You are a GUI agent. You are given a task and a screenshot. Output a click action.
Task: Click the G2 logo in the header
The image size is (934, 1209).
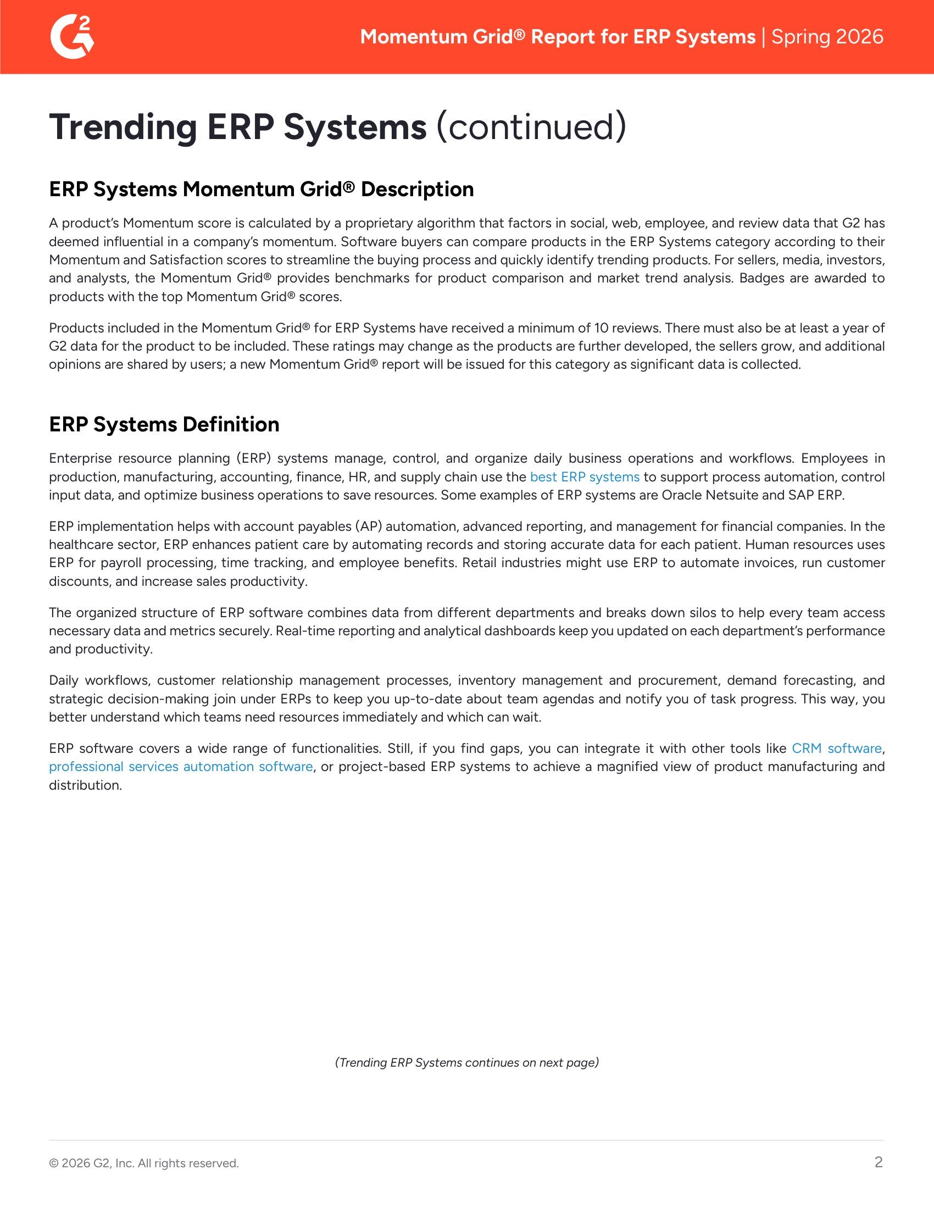click(x=72, y=36)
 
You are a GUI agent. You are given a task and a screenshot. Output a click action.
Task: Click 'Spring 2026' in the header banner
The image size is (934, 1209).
click(x=827, y=36)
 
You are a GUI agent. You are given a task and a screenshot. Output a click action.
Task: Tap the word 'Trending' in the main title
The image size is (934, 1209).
click(x=123, y=127)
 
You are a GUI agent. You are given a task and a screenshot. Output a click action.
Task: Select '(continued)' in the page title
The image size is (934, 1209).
click(x=531, y=127)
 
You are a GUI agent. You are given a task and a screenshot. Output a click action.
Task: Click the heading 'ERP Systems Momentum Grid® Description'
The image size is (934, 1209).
click(x=261, y=190)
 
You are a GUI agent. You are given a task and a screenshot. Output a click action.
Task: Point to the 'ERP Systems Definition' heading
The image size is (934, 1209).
click(x=164, y=425)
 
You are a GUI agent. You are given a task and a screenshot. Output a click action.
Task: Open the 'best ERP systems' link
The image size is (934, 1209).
click(x=585, y=476)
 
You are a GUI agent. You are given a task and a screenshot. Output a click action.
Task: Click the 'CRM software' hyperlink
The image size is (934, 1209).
click(x=836, y=748)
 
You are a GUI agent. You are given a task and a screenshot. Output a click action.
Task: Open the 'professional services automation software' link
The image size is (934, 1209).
click(x=180, y=766)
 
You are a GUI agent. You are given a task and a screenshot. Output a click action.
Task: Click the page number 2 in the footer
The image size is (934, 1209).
click(x=878, y=1162)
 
